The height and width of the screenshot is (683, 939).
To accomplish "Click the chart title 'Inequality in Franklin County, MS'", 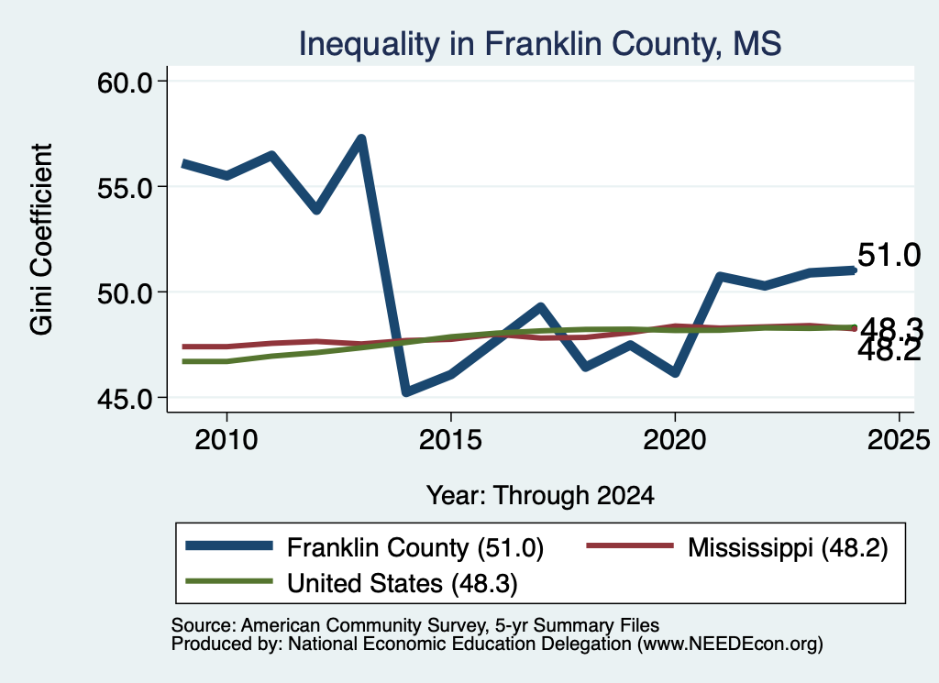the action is point(540,44).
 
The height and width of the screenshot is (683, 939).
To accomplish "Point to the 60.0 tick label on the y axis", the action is point(125,82).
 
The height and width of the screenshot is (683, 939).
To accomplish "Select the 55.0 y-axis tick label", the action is point(125,187).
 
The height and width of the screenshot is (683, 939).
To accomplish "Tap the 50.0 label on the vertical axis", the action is point(125,292).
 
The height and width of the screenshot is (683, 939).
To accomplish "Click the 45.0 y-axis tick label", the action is point(125,398).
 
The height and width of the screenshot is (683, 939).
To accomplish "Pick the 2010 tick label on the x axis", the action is point(226,440).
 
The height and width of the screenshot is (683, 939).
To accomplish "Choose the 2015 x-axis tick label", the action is point(450,440).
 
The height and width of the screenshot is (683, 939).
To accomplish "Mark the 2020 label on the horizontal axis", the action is point(675,440).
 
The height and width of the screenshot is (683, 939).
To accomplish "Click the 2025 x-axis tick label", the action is point(899,440).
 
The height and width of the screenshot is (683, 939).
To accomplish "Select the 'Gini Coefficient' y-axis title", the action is point(42,239).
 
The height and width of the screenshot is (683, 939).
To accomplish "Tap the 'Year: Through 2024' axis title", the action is point(540,496).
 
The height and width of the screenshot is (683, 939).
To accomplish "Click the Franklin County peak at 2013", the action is point(361,139).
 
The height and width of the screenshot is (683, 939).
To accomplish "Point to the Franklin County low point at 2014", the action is point(406,392).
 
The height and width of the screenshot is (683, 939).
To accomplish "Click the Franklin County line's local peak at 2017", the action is point(540,308).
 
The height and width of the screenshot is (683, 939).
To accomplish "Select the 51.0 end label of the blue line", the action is point(889,255).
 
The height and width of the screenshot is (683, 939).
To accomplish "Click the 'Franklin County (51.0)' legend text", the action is point(415,547).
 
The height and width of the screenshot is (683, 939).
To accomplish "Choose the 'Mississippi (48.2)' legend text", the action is point(788,547).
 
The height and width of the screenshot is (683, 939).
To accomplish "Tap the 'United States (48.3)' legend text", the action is point(403,584).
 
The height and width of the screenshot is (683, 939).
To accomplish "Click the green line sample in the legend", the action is point(228,581).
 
